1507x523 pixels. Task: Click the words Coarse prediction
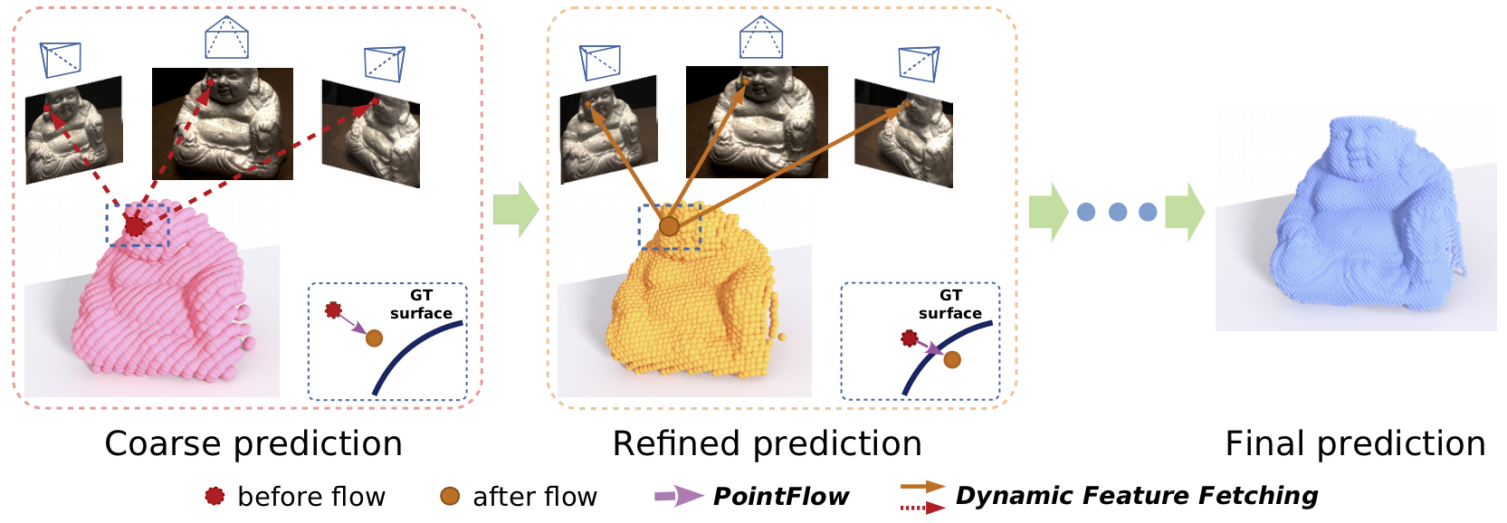click(253, 444)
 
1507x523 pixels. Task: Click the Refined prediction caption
click(767, 444)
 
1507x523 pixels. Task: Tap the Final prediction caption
click(1355, 444)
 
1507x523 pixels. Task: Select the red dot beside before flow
click(215, 497)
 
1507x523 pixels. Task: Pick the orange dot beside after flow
click(450, 497)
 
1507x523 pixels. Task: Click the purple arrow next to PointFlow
click(679, 497)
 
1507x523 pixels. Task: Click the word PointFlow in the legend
click(781, 497)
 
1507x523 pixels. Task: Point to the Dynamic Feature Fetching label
click(1136, 496)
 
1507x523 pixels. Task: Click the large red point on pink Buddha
click(136, 226)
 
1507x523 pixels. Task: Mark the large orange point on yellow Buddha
click(670, 226)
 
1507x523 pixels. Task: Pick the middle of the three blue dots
click(1118, 213)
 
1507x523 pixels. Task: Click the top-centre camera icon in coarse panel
click(226, 37)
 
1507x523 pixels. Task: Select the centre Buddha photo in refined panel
click(757, 121)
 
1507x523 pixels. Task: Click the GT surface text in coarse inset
click(421, 304)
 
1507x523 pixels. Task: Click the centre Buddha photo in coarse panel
click(223, 124)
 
